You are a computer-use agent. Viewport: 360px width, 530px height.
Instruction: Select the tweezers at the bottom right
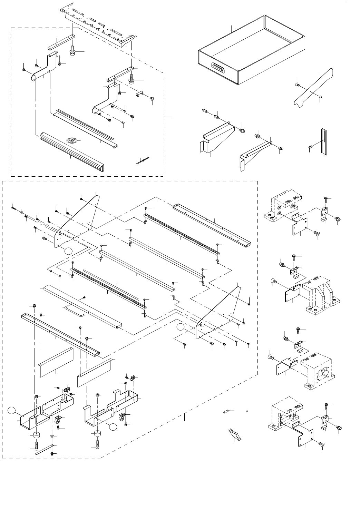pyautogui.click(x=234, y=434)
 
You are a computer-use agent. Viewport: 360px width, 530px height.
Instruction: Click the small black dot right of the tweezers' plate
pyautogui.click(x=247, y=411)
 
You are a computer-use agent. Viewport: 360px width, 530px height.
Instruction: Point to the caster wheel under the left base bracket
pyautogui.click(x=58, y=420)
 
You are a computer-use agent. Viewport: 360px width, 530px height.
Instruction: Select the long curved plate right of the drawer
pyautogui.click(x=313, y=87)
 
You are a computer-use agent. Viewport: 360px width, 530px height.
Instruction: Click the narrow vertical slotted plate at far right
pyautogui.click(x=323, y=142)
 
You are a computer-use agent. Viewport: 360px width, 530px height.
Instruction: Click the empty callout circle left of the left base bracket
pyautogui.click(x=12, y=410)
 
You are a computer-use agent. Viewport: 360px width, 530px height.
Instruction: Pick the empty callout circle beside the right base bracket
pyautogui.click(x=112, y=427)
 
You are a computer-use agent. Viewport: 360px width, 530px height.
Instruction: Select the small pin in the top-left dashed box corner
pyautogui.click(x=142, y=160)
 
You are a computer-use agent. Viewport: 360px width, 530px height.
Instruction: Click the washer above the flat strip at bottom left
pyautogui.click(x=52, y=436)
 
